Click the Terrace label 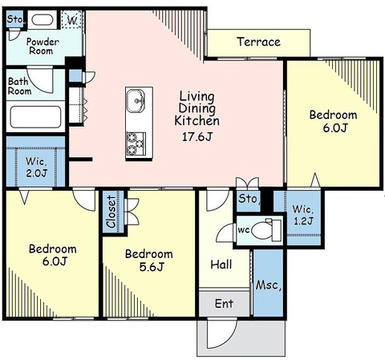pos(258,42)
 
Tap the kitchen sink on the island pos(136,101)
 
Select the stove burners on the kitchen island pos(136,144)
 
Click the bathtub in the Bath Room pos(35,117)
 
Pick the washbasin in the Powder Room pos(43,19)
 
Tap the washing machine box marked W pos(71,19)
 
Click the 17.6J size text pos(197,137)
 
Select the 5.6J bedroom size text pos(152,267)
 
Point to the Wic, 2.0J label pos(36,168)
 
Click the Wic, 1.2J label pos(303,215)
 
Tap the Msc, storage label pos(269,285)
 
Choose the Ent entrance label pos(224,304)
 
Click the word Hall pos(221,265)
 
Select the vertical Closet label pos(111,212)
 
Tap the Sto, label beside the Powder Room pos(15,19)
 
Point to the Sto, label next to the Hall pos(248,199)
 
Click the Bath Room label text pos(19,86)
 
